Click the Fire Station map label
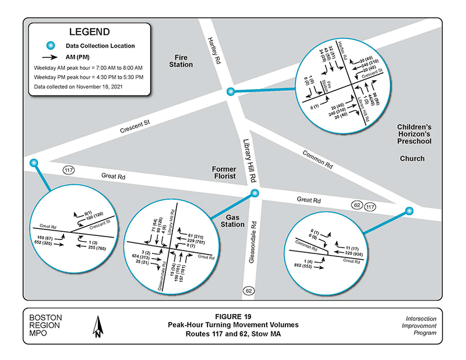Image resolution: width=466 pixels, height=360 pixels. click(x=181, y=61)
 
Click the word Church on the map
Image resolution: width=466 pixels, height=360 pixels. click(x=412, y=158)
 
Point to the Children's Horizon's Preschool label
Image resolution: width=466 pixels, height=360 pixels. click(x=414, y=134)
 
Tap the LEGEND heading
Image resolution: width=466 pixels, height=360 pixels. click(x=89, y=31)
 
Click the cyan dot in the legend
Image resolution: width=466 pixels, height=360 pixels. click(x=50, y=45)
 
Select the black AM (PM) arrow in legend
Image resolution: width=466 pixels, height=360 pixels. click(x=50, y=57)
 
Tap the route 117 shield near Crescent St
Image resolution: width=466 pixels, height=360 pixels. click(x=69, y=170)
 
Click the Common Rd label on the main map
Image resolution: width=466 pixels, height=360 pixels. click(x=317, y=158)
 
